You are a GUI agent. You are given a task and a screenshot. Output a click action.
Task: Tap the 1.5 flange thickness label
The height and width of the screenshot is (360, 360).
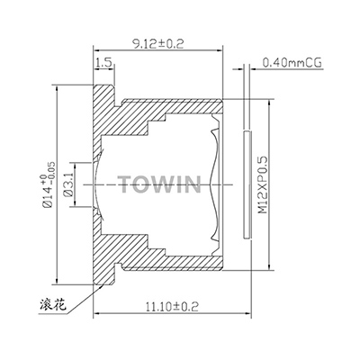coord(102,64)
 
